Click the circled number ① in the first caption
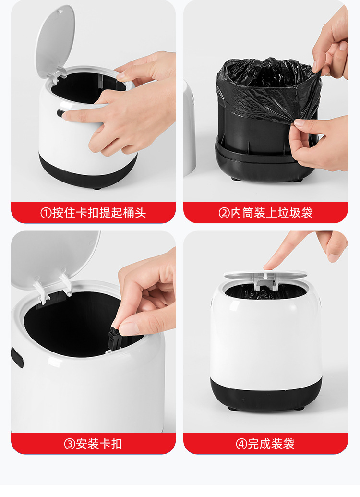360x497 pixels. (46, 213)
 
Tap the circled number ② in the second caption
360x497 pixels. (224, 213)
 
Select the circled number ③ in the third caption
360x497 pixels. (70, 444)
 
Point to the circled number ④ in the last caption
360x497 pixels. (241, 444)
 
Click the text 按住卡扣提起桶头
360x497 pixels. (99, 213)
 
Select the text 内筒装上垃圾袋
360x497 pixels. (272, 213)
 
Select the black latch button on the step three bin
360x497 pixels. (17, 358)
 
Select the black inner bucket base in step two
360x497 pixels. (264, 163)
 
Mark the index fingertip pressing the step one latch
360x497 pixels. (67, 115)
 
